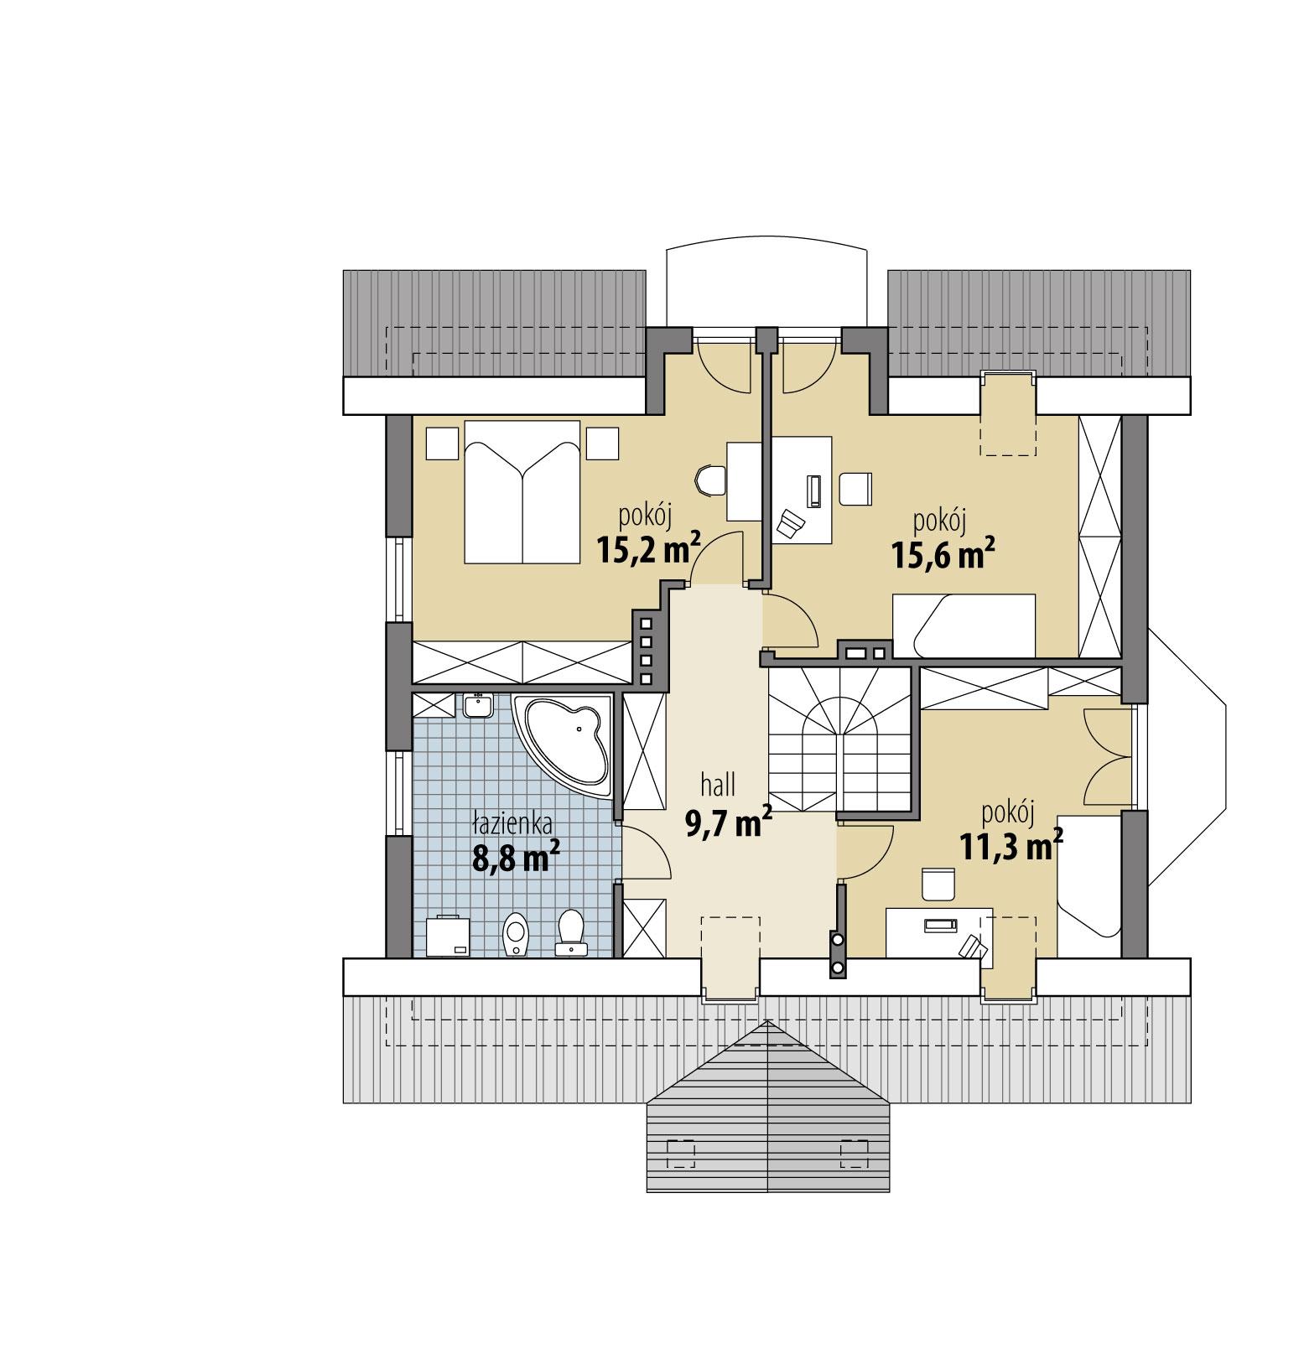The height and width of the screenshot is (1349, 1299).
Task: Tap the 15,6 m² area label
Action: click(942, 554)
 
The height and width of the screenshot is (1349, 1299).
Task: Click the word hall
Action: click(719, 786)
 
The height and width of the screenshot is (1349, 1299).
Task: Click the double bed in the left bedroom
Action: click(522, 491)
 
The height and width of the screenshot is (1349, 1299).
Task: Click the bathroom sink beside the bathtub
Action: click(478, 705)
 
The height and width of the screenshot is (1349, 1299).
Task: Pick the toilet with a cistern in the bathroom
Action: click(572, 932)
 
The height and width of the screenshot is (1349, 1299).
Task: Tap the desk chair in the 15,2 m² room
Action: click(709, 482)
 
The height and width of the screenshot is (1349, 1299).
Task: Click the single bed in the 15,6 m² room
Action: click(964, 625)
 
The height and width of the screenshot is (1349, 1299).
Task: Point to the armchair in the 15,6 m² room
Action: click(855, 490)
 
